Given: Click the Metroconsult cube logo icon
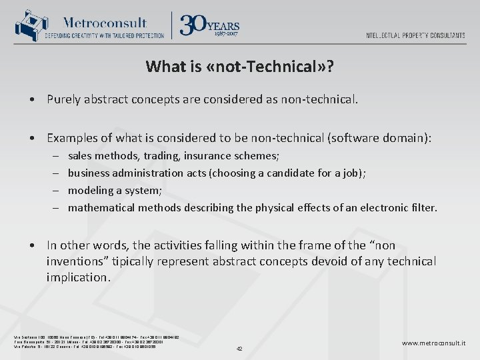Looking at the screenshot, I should click(27, 25).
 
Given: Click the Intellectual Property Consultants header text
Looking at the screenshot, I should click(415, 35).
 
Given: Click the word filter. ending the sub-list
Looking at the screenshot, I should click(423, 207).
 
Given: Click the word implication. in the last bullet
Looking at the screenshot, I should click(79, 277).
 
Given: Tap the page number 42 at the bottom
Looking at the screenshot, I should click(239, 348).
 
